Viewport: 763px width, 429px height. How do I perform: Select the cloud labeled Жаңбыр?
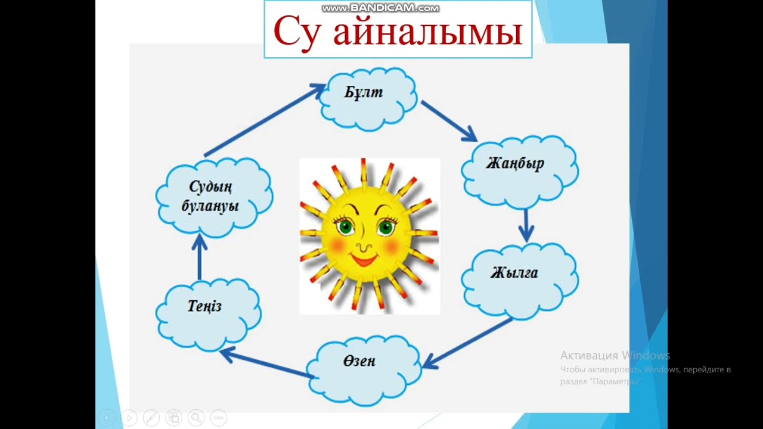tap(519, 170)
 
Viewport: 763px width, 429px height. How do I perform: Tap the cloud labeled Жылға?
tap(519, 279)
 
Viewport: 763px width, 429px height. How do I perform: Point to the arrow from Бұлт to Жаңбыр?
tap(449, 122)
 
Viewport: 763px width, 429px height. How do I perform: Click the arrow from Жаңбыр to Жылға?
tap(525, 225)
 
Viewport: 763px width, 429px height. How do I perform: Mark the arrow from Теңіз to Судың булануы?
tap(199, 257)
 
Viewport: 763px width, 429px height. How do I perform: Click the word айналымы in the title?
tap(427, 32)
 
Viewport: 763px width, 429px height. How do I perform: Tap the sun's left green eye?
tap(345, 227)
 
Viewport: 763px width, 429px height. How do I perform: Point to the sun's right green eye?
tap(386, 227)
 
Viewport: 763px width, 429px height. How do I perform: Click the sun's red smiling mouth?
tap(364, 260)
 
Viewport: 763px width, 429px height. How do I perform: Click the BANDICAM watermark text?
tap(380, 8)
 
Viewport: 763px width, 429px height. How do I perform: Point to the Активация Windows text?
tap(615, 356)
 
